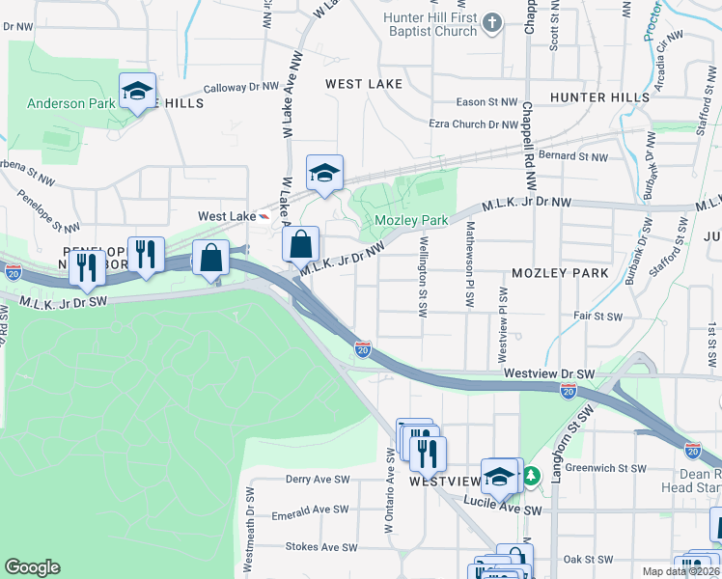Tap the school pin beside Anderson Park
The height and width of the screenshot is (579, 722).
coord(137,92)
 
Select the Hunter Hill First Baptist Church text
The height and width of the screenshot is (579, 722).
coord(430,24)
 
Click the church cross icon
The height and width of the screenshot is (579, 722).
coord(492,21)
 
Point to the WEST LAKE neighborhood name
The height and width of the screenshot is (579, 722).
coord(364,84)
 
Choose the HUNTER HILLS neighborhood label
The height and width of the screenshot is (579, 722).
coord(599,97)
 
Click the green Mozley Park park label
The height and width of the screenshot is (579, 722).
coord(410,221)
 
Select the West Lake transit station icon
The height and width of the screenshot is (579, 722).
coord(264,216)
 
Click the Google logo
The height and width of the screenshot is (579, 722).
coord(32,567)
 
